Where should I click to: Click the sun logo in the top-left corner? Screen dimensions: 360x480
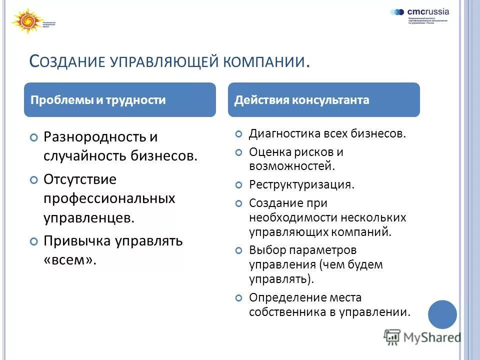24,21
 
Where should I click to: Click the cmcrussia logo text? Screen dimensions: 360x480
428,11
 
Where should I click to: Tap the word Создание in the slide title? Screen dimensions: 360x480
67,61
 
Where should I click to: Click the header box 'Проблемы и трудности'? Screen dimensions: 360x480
120,100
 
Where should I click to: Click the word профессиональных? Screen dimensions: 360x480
109,198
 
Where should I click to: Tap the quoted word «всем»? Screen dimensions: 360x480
69,260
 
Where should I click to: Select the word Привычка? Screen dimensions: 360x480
76,241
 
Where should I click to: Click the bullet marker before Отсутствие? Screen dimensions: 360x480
33,180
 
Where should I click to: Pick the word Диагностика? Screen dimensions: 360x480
284,134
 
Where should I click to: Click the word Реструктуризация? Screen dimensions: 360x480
301,184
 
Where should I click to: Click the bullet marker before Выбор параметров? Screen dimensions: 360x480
239,250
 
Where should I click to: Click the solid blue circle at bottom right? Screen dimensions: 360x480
442,314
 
